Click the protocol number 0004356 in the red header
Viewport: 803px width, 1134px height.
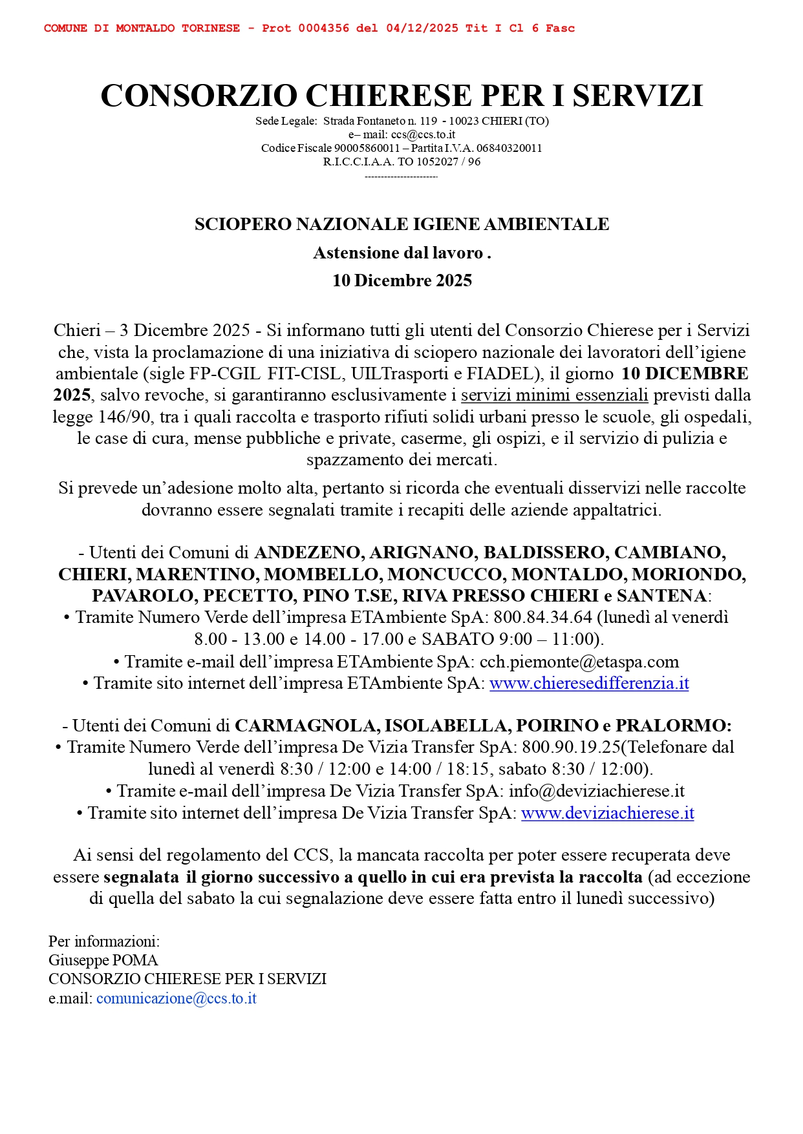[323, 28]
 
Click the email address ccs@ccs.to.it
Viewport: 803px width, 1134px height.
[423, 134]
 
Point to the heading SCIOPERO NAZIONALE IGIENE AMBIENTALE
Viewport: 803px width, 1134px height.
[401, 224]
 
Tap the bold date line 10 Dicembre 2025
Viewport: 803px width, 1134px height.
[401, 280]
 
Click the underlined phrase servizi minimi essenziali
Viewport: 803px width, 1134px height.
[554, 395]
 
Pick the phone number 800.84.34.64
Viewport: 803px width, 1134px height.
[542, 617]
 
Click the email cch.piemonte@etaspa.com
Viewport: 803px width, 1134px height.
[579, 662]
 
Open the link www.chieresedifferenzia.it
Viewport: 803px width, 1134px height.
[589, 683]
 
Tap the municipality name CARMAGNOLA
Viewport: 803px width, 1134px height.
[306, 726]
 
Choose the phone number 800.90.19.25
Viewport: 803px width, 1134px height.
[571, 747]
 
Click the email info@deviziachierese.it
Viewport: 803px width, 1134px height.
[597, 791]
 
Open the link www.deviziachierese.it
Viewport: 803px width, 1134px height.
[607, 813]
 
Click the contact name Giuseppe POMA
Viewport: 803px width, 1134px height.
[103, 960]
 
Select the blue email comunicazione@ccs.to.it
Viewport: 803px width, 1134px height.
[177, 998]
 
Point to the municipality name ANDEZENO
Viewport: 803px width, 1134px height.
[307, 552]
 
